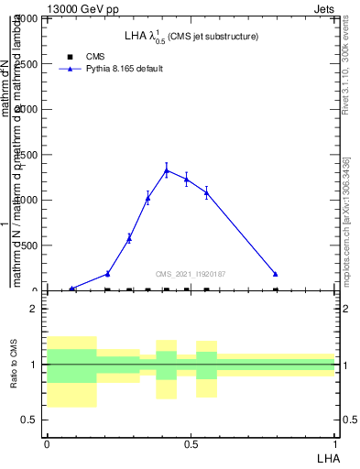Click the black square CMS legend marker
click(70, 57)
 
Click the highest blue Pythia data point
click(167, 169)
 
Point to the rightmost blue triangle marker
click(276, 274)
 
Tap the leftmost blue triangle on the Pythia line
click(72, 289)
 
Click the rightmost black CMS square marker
click(276, 289)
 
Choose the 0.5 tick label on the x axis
click(191, 445)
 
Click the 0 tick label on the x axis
click(47, 445)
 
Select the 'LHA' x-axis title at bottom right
click(327, 457)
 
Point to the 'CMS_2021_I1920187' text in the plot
click(191, 274)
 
